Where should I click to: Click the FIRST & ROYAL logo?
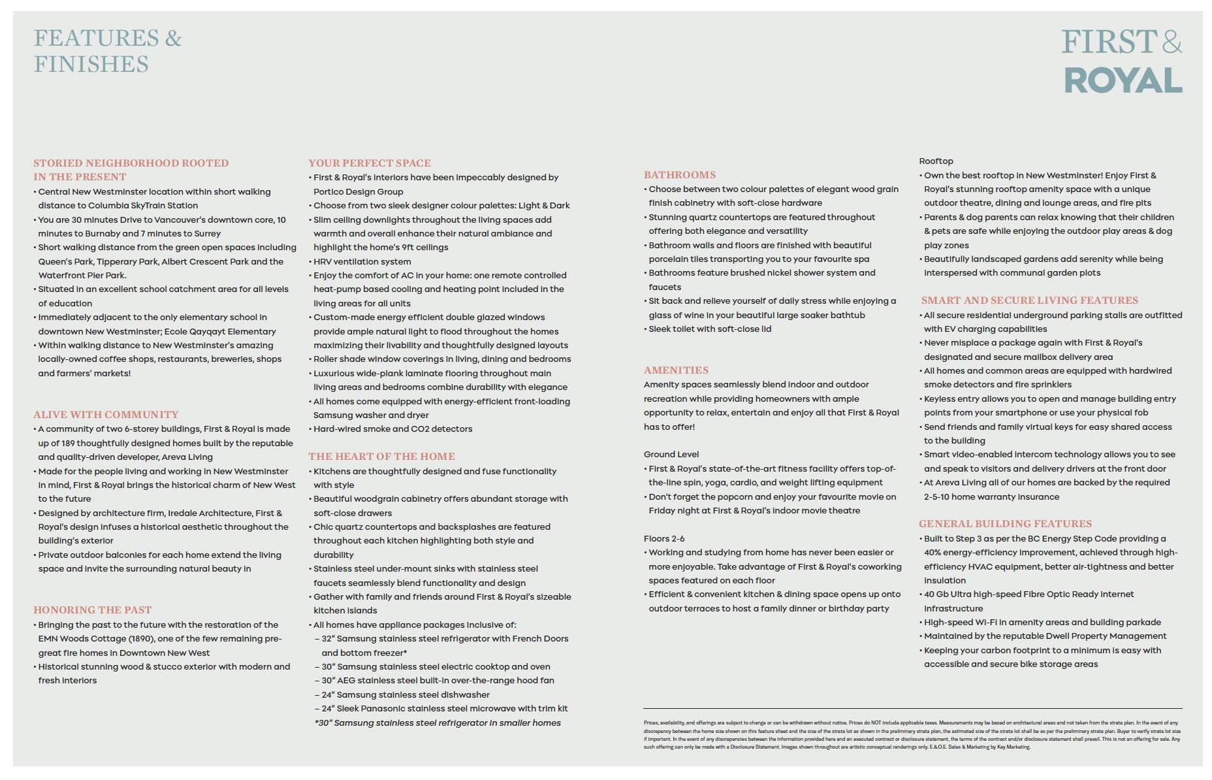point(1122,61)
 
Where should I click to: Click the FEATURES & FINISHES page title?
point(108,51)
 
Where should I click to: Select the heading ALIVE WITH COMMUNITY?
point(106,415)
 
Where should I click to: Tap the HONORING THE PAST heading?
point(93,610)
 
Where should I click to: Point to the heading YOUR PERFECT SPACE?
point(370,163)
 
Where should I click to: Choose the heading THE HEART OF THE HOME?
point(382,457)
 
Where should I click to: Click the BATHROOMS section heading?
point(680,175)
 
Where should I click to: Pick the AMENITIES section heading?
point(676,370)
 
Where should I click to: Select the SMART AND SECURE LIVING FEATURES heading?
point(1030,301)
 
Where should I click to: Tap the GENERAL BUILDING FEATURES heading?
point(1005,524)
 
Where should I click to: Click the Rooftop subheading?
point(936,161)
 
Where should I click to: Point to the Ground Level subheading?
point(671,455)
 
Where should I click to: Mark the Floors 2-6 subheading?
point(664,539)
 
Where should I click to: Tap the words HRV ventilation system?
point(362,262)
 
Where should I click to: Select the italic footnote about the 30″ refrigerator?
point(438,723)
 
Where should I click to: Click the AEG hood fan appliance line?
point(438,681)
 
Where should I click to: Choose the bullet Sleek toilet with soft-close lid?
point(710,329)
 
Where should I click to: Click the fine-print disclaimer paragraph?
point(912,735)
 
